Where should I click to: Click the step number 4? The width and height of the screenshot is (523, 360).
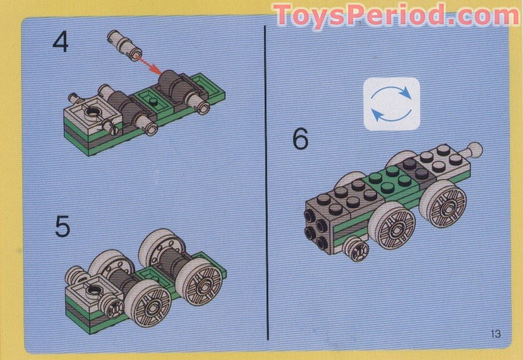[x=60, y=43]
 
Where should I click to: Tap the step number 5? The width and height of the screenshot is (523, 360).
[x=62, y=227]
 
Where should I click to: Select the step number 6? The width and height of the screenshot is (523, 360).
[x=300, y=139]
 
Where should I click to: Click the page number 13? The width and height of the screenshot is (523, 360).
[x=494, y=334]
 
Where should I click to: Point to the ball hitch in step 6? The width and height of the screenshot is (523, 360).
[x=475, y=149]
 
